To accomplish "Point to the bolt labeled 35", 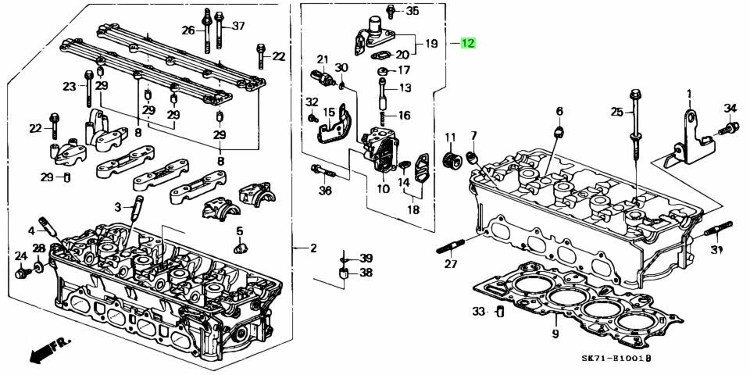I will pos(391,12).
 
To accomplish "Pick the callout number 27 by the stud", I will pos(451,265).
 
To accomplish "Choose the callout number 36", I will pos(325,190).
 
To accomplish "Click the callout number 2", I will pos(312,249).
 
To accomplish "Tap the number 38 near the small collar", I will pos(366,273).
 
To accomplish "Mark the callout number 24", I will pos(20,256).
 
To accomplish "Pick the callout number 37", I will pos(238,26).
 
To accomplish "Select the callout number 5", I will pos(241,231).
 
